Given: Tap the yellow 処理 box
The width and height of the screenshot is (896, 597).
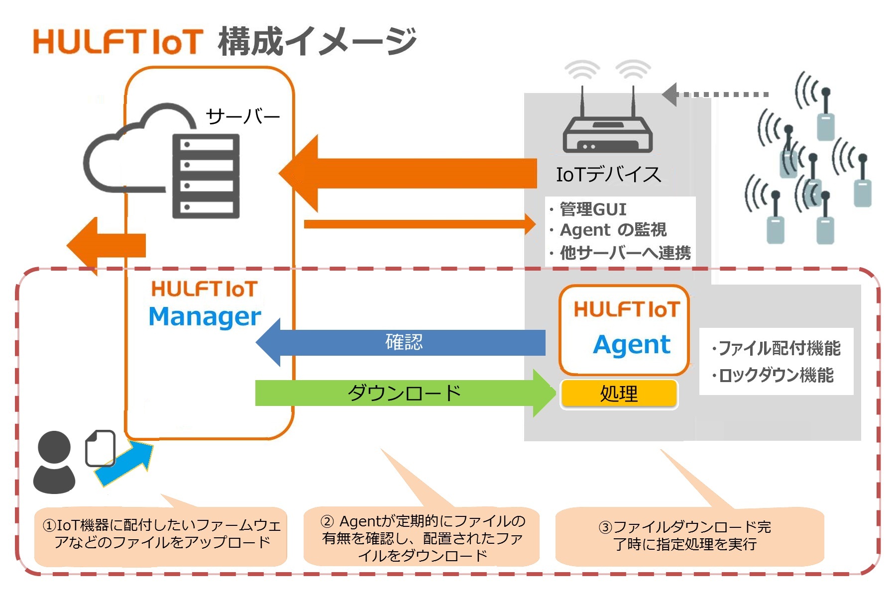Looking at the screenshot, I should coord(619,394).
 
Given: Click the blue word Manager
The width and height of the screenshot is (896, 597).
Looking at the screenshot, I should coord(205,317).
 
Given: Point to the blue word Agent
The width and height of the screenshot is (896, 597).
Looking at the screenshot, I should coord(632,344).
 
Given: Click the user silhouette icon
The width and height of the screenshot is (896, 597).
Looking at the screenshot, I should coord(54,463).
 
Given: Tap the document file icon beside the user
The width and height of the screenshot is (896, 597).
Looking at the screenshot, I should coord(101,448).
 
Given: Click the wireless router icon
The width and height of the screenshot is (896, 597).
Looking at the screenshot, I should coord(608,132).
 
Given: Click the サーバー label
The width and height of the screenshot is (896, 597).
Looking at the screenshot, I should coord(242,117).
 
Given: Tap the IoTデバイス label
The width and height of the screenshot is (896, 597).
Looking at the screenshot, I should coord(608,175).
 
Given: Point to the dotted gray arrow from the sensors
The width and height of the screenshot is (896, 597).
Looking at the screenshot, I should coord(717,95).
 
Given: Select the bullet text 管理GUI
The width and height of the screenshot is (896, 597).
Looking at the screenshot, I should coord(592,209).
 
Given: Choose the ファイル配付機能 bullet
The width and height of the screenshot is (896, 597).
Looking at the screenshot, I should coord(779,348).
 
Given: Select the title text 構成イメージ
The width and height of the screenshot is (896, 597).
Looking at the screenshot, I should coord(317,41).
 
